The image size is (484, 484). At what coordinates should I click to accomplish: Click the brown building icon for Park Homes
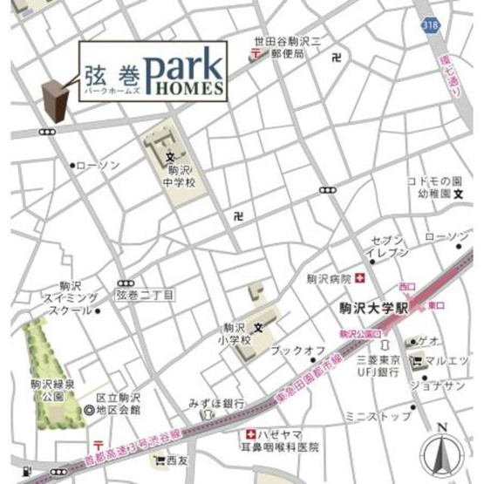(56, 99)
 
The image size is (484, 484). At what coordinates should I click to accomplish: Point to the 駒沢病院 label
(328, 279)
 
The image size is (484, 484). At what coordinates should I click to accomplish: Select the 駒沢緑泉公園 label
(47, 389)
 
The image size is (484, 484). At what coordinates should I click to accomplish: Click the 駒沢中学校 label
(180, 176)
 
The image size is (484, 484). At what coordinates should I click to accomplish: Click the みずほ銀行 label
(215, 403)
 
